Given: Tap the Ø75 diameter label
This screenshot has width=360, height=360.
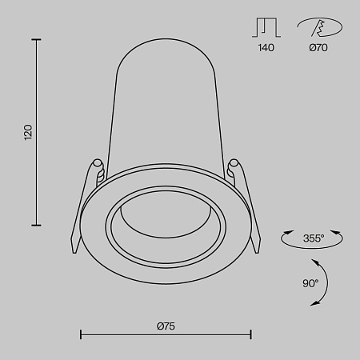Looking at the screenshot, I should (x=166, y=325).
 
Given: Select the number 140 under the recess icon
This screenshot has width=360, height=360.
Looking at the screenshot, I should (x=266, y=48).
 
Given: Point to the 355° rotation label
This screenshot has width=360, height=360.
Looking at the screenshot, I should (x=313, y=238).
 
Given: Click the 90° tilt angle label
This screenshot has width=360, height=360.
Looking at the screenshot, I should (x=310, y=282).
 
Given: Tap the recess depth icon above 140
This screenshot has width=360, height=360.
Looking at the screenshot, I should (x=266, y=28).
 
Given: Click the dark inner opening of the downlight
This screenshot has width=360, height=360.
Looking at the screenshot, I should (x=166, y=221).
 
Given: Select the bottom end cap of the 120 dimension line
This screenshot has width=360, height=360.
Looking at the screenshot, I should (x=38, y=225).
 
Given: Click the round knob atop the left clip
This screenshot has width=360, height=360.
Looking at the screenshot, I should (x=98, y=165).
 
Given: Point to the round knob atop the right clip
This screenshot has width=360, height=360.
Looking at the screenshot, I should (x=234, y=166).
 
